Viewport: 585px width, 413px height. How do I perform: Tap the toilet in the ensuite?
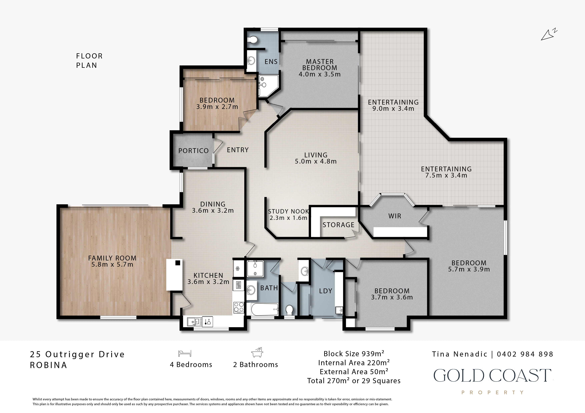click(x=253, y=40)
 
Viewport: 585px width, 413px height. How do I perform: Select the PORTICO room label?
click(x=193, y=151)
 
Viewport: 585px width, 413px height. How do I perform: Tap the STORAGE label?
click(x=338, y=225)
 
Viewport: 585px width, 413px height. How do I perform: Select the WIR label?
click(x=395, y=216)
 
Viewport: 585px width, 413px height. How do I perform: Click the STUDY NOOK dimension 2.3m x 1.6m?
click(x=288, y=218)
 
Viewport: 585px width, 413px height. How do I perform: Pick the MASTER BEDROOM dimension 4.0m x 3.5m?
click(x=320, y=74)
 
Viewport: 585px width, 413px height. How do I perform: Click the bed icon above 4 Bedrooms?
click(x=185, y=353)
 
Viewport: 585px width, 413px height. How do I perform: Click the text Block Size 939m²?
click(x=354, y=354)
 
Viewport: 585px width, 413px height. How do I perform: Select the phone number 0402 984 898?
click(x=525, y=354)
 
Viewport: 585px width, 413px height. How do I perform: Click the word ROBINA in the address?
click(x=48, y=365)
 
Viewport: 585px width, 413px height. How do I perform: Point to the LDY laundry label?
click(x=326, y=291)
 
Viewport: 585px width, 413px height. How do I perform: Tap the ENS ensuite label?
click(x=271, y=62)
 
